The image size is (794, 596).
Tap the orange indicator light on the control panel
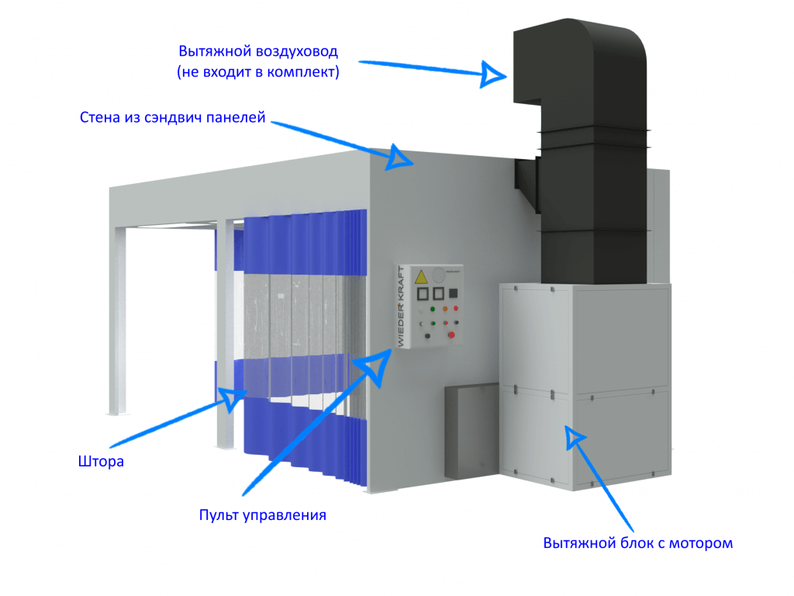(446, 310)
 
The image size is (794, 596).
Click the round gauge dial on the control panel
(440, 274)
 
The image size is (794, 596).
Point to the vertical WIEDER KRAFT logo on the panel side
(401, 303)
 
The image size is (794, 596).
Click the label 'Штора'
(101, 462)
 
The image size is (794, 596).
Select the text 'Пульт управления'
(262, 515)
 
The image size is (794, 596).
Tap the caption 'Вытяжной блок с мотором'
(637, 542)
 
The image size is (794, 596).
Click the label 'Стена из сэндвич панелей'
(173, 119)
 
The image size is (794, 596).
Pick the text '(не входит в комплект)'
(259, 72)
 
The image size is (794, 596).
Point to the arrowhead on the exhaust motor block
(575, 436)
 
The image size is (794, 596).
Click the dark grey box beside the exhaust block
(469, 431)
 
